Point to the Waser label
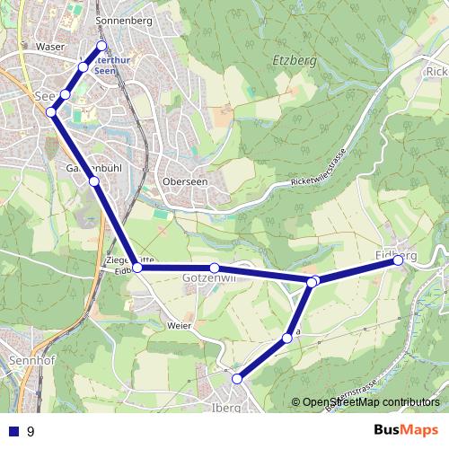click(48, 46)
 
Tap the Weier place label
click(180, 326)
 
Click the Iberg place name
click(227, 407)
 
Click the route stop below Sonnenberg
click(101, 46)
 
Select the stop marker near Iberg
click(238, 379)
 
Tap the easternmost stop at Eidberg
click(398, 260)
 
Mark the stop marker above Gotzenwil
click(215, 268)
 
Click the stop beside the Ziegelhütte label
click(136, 267)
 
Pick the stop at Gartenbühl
click(93, 181)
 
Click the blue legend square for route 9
click(13, 431)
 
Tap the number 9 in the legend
click(31, 431)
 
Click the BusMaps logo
click(406, 430)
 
